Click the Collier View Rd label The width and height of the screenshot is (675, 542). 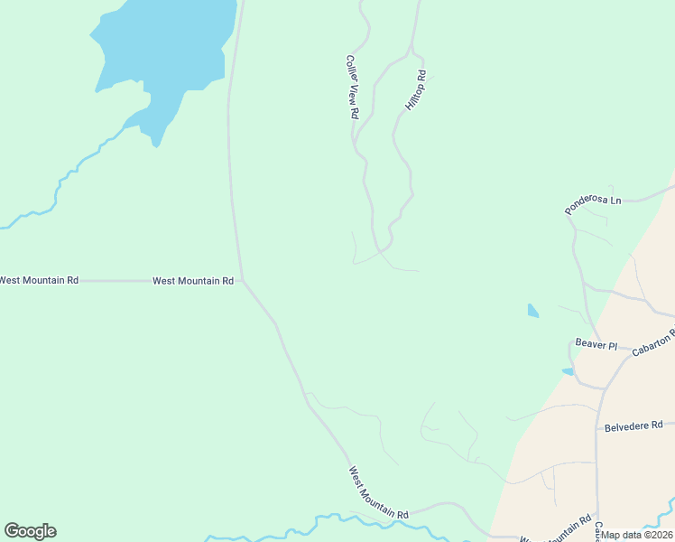click(352, 88)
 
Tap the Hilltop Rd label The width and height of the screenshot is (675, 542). click(415, 92)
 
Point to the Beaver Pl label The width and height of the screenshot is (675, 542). click(596, 345)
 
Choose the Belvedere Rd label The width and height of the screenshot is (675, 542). click(633, 425)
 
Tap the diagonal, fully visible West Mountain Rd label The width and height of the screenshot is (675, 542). click(379, 492)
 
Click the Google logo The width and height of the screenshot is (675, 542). click(30, 531)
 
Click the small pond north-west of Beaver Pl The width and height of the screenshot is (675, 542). click(532, 311)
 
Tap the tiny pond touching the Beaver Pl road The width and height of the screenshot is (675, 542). click(568, 371)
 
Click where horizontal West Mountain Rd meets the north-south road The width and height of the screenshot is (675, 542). click(241, 280)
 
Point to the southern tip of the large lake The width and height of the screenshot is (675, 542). click(157, 144)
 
